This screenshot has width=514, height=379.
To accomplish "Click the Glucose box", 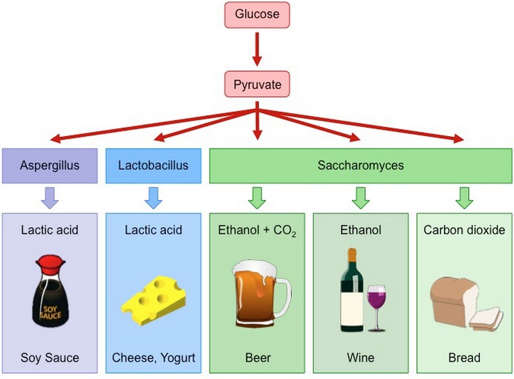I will pyautogui.click(x=256, y=15).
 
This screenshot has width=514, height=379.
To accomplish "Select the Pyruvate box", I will pyautogui.click(x=256, y=84).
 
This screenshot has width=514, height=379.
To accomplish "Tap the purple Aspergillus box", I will pyautogui.click(x=49, y=166).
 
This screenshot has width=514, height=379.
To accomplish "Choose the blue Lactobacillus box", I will pyautogui.click(x=154, y=166).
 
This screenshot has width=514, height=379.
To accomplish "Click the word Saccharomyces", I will pyautogui.click(x=360, y=166).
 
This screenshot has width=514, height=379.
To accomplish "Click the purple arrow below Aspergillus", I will pyautogui.click(x=49, y=197).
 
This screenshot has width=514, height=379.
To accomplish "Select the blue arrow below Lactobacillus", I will pyautogui.click(x=154, y=197).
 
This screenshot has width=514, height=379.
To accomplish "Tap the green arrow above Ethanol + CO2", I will pyautogui.click(x=257, y=197).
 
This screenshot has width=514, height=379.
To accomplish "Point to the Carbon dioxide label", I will pyautogui.click(x=464, y=230).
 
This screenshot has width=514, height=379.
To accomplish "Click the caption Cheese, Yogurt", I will pyautogui.click(x=154, y=358).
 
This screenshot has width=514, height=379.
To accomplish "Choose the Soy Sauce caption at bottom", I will pyautogui.click(x=49, y=358).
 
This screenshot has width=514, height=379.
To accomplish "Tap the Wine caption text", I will pyautogui.click(x=360, y=358).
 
